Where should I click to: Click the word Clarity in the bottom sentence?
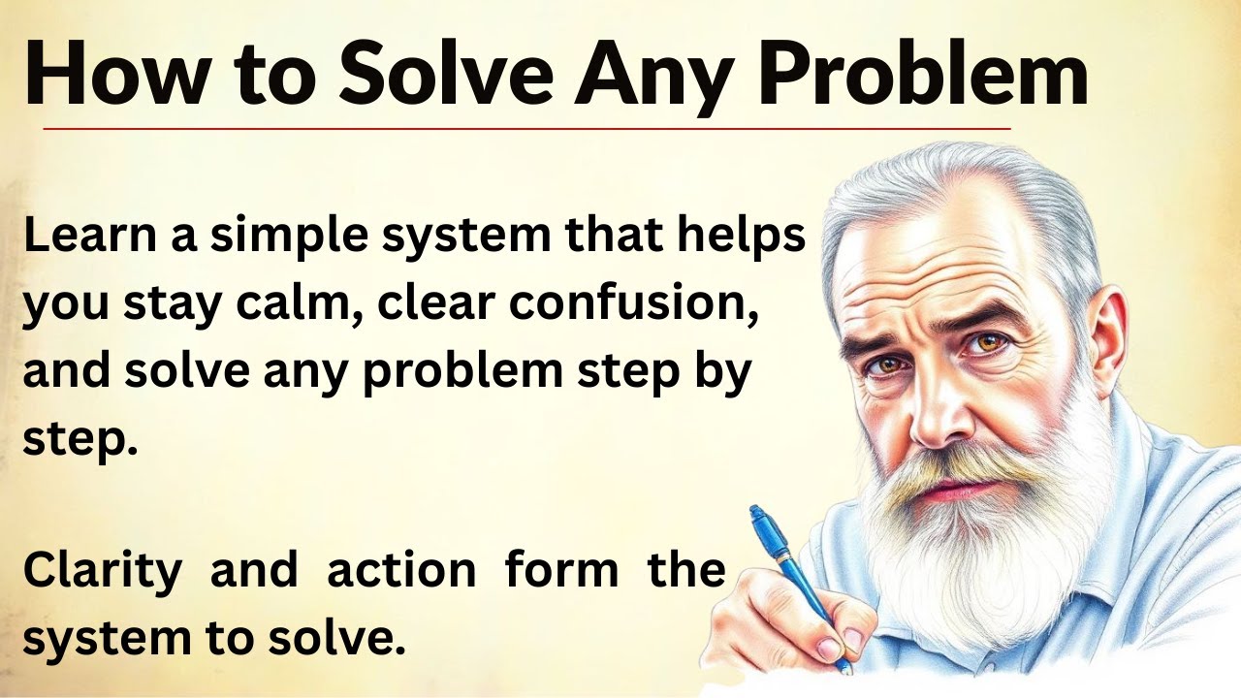tap(102, 570)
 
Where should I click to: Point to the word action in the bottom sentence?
tap(401, 570)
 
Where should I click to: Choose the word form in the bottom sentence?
tap(561, 570)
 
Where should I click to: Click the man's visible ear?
tap(1104, 339)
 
